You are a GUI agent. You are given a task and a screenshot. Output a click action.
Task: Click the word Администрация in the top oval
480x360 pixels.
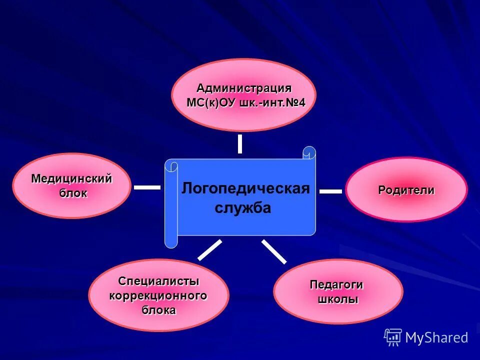point(243,88)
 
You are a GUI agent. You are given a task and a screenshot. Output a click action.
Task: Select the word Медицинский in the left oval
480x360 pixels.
point(71,178)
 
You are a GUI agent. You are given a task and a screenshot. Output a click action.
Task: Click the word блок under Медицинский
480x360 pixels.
point(73,193)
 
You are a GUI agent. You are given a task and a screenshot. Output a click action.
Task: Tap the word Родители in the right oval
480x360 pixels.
point(406,190)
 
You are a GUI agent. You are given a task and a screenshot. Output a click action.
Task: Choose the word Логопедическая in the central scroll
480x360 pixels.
point(245,188)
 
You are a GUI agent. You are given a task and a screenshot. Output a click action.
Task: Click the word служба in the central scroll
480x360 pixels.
point(242,208)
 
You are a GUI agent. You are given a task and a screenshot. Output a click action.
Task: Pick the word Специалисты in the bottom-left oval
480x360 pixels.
point(158,281)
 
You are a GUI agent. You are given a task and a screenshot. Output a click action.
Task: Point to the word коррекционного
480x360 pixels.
point(158,295)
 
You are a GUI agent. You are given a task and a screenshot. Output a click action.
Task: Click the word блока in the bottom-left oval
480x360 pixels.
point(158,310)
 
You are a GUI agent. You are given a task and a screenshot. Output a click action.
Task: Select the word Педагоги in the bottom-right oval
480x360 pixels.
point(336,284)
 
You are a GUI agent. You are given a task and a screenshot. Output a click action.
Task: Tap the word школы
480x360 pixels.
point(338,299)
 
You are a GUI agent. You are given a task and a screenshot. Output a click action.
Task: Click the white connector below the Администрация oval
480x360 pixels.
point(240,143)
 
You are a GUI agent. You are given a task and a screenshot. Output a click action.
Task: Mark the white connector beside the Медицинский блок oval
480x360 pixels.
point(147,187)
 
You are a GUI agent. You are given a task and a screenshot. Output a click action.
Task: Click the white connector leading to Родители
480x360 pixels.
point(330,191)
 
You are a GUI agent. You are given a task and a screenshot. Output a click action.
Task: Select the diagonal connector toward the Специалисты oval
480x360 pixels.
point(209,249)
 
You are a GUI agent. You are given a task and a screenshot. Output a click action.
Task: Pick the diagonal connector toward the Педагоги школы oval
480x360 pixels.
point(274,251)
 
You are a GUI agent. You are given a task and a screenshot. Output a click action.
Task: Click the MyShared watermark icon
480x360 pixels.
point(392,337)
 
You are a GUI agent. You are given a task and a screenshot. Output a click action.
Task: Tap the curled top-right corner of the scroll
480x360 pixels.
point(309,152)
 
